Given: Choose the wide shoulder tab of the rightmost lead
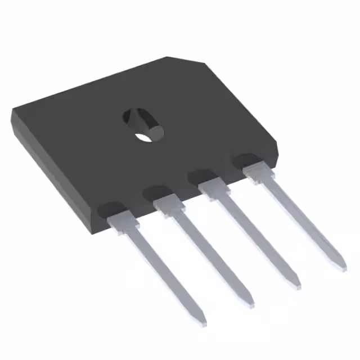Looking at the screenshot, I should [x=256, y=170].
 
